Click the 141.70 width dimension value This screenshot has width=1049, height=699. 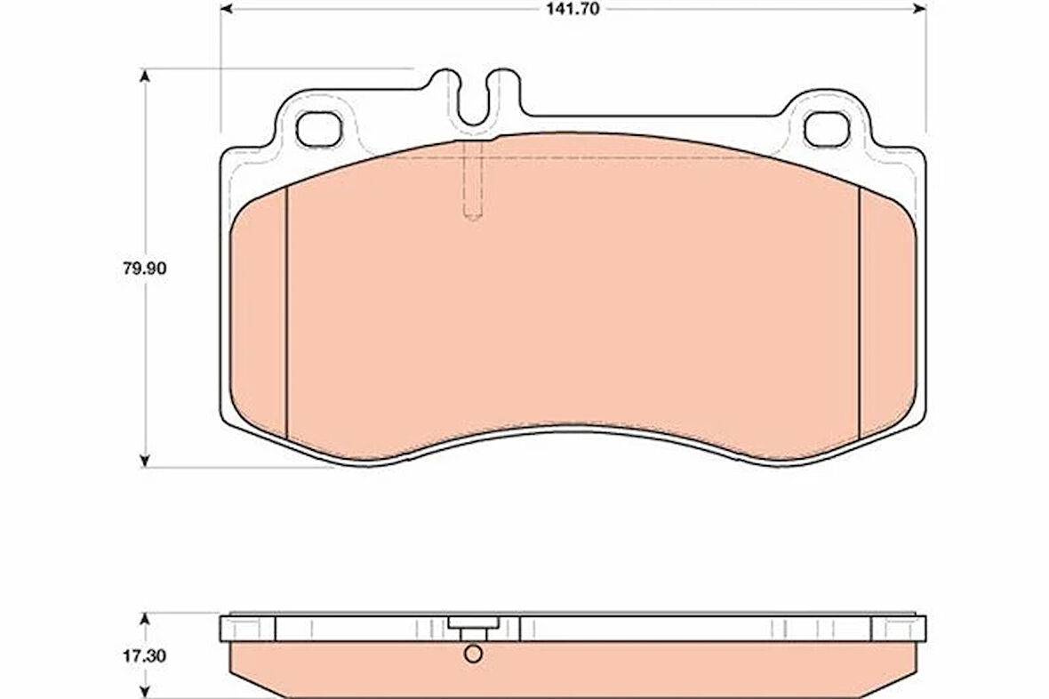[573, 10]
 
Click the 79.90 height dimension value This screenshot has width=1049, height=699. [144, 269]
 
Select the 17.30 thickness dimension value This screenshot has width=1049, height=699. [144, 657]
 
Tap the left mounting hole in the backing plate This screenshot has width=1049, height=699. [319, 129]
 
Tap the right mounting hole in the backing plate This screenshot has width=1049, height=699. [828, 129]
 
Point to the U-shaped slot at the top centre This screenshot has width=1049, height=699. [474, 100]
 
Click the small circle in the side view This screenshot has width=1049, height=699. [473, 654]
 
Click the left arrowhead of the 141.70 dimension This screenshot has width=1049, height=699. [226, 9]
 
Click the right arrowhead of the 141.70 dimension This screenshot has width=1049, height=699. [921, 9]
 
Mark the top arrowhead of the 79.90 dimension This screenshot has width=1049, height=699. [145, 75]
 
